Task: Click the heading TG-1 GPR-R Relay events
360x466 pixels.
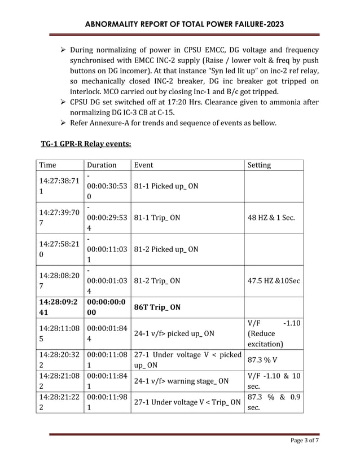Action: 86,144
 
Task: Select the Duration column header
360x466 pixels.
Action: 101,165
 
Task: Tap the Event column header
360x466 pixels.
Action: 143,165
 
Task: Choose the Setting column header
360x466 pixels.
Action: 259,165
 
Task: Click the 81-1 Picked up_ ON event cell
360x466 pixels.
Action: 166,186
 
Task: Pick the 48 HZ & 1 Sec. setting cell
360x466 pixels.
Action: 274,217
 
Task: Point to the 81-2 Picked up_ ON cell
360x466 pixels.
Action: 166,249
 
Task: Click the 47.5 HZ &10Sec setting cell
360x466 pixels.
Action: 274,280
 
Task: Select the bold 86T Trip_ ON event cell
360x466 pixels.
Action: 157,307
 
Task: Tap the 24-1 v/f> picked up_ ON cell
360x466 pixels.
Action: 174,333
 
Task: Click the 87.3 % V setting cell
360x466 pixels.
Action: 262,359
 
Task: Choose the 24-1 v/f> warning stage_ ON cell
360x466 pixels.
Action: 181,381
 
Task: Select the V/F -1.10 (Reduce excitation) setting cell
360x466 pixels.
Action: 274,333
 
